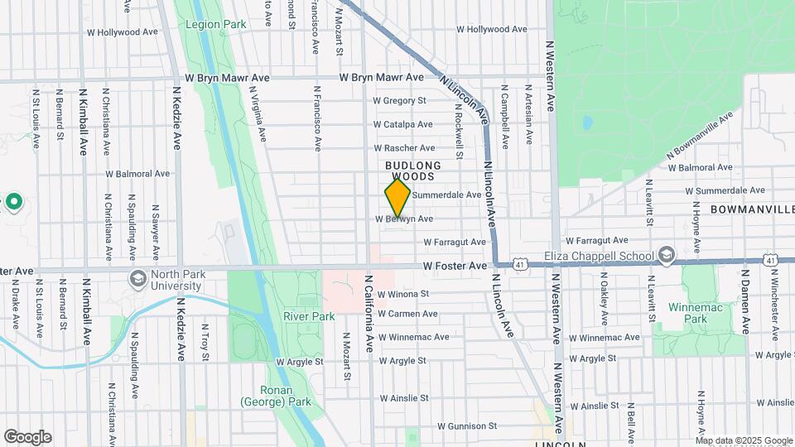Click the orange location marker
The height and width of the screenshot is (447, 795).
click(397, 199)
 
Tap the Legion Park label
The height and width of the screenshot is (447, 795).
click(215, 25)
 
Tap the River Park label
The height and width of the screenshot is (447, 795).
click(308, 316)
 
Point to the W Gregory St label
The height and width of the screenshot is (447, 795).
click(399, 101)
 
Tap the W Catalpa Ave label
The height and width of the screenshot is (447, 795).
click(402, 124)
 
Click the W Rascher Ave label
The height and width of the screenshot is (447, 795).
click(403, 147)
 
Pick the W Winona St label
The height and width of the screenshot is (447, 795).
click(402, 293)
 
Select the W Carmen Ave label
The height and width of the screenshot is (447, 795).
click(407, 314)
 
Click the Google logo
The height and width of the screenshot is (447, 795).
click(27, 437)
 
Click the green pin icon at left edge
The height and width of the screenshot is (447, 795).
click(14, 201)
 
